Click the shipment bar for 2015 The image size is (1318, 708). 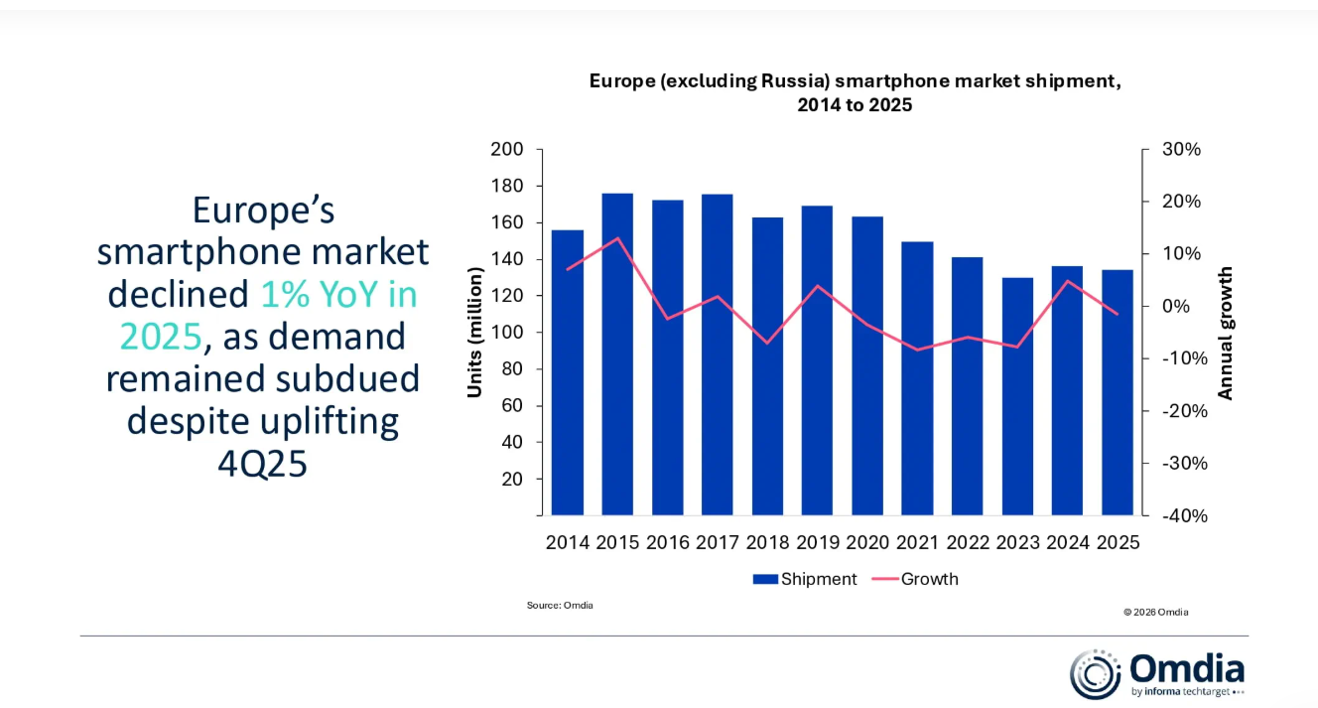coord(617,354)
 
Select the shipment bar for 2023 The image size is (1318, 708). coord(1017,396)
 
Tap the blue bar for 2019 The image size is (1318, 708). coord(817,359)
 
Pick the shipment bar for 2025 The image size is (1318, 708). coord(1118,392)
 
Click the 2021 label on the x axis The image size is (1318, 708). coord(917,543)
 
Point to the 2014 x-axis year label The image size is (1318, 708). coord(568,543)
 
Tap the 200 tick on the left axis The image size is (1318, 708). coord(506,150)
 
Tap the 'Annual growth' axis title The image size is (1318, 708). coord(1226,333)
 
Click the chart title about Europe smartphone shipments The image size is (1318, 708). coord(855,92)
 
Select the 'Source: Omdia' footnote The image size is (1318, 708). coord(560,605)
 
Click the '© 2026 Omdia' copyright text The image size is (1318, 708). coord(1155,612)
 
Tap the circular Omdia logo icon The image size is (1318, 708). coord(1095,674)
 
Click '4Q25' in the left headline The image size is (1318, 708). coord(262,463)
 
